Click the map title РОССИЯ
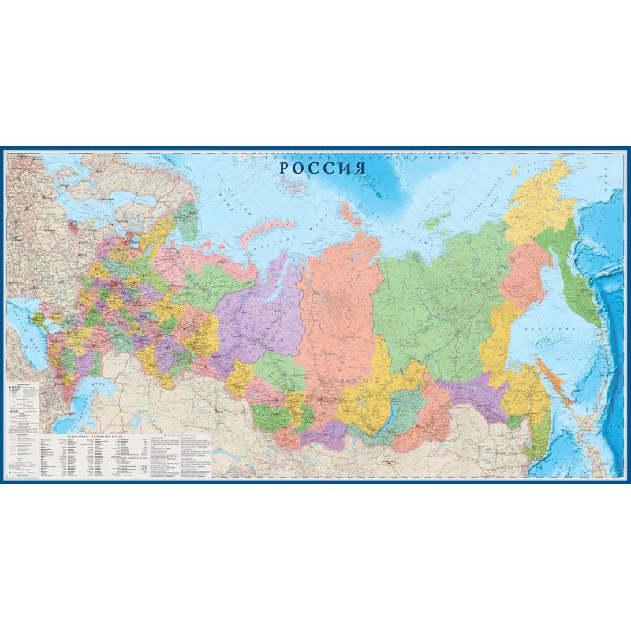pyautogui.click(x=324, y=167)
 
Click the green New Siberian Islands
pyautogui.click(x=433, y=223)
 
